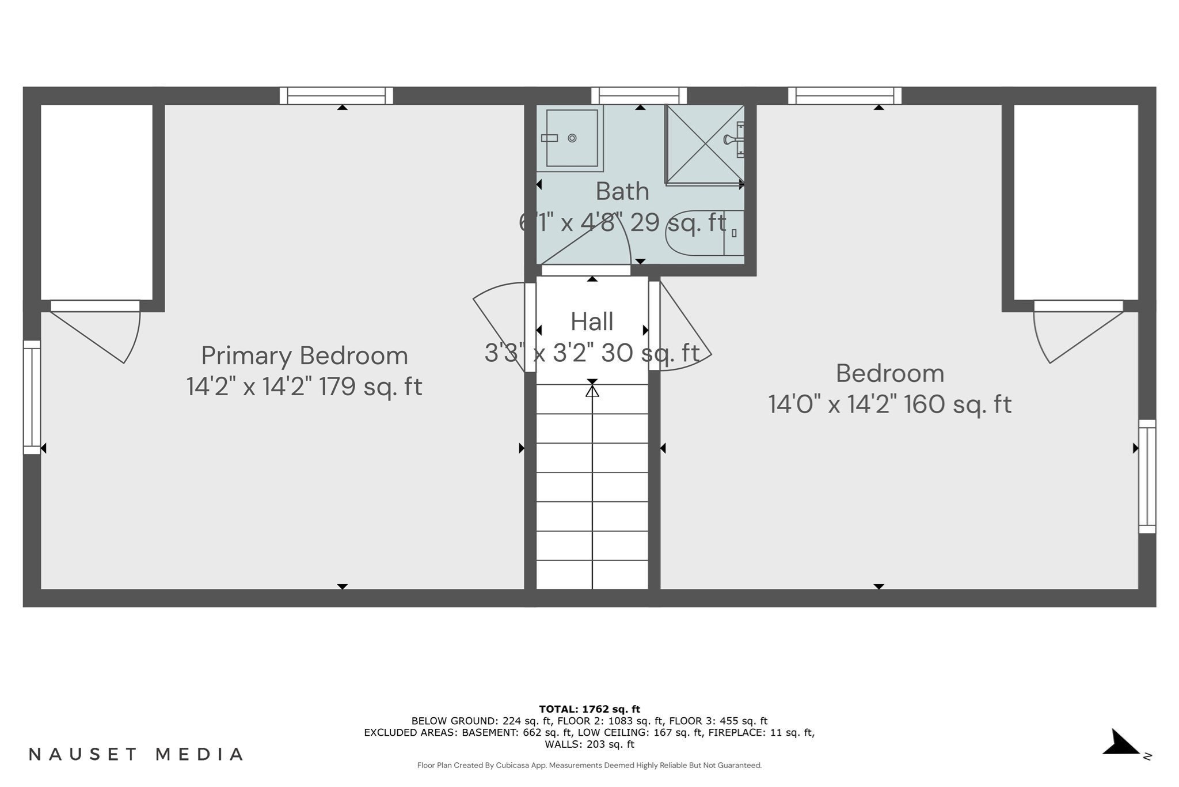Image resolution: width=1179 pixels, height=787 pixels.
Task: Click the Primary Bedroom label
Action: click(304, 355)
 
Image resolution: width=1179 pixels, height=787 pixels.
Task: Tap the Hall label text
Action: click(592, 321)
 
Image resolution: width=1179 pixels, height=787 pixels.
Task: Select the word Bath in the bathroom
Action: click(622, 191)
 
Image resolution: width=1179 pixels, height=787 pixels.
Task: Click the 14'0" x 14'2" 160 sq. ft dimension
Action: click(889, 404)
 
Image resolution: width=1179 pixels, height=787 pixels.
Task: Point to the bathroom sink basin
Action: click(571, 138)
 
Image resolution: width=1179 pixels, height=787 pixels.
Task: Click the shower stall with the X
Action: click(703, 145)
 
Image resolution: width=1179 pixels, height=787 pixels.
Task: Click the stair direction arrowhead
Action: click(592, 391)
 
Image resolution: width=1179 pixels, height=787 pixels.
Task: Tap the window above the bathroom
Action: click(639, 95)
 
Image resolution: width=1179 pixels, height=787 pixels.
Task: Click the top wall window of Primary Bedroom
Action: click(336, 95)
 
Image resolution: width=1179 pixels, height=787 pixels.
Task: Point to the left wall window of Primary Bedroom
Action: click(32, 397)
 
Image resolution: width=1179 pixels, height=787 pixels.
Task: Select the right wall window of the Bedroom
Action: click(1147, 476)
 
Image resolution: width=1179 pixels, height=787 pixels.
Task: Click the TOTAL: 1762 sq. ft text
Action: click(589, 709)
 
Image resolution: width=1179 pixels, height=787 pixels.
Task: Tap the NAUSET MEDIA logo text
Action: click(136, 754)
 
